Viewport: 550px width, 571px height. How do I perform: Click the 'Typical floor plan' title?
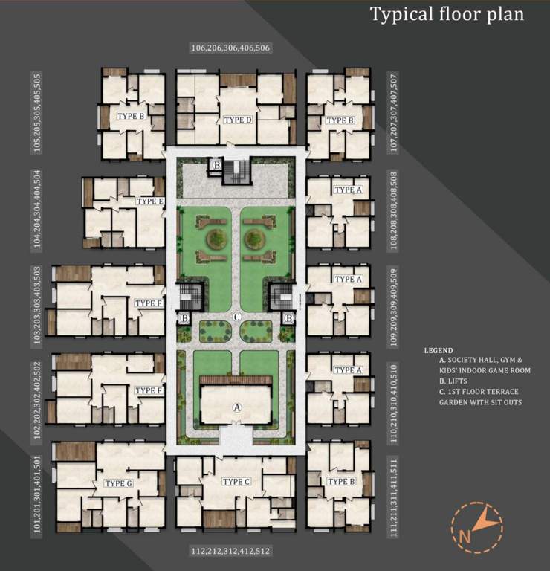pos(447,14)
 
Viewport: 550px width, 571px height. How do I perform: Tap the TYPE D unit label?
pos(238,120)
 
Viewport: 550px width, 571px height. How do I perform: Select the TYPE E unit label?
pos(149,201)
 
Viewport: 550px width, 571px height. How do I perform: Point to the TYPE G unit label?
pos(119,483)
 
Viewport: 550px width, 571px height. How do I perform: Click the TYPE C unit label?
pos(236,482)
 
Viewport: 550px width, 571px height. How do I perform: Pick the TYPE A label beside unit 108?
pos(348,190)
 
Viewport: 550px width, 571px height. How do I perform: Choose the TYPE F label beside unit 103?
pos(149,303)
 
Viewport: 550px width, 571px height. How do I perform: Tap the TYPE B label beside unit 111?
pos(340,482)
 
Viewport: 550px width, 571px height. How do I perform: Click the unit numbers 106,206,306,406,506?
pos(230,48)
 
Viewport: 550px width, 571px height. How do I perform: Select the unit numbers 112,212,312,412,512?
pos(230,552)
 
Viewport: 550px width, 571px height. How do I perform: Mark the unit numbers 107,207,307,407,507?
pos(394,111)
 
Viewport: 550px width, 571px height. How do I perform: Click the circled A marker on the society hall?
pos(237,407)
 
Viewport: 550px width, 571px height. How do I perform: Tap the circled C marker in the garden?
pos(237,317)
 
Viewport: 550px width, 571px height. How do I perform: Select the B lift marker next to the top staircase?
pos(216,165)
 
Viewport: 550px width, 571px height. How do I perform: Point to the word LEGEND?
pos(439,350)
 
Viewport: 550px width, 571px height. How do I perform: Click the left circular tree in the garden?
pos(217,239)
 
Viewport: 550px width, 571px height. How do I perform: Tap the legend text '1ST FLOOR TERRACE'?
pos(479,391)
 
